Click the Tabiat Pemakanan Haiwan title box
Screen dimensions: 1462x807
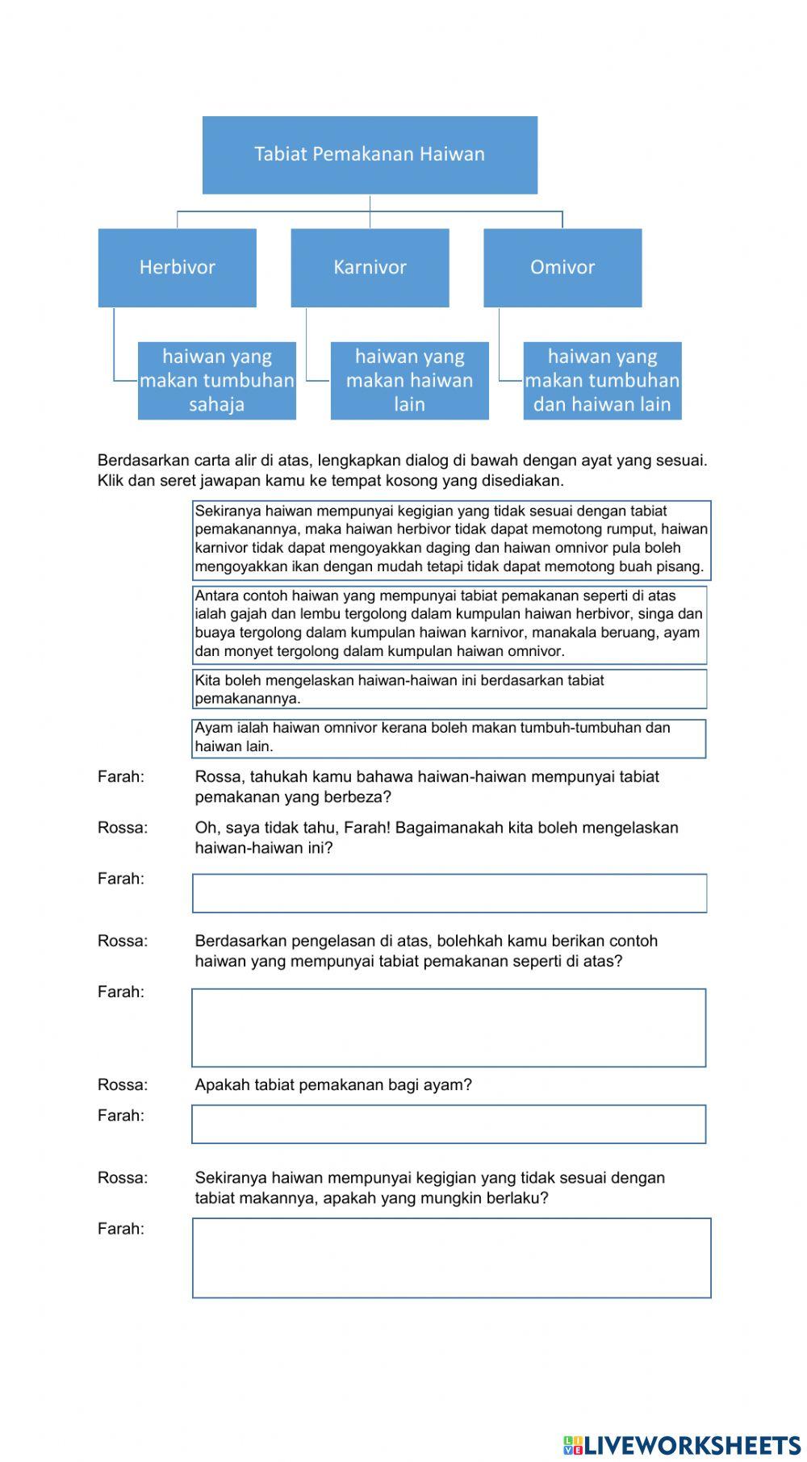pos(370,155)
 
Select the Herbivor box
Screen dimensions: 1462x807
pos(177,268)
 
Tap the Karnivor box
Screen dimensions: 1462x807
pos(370,268)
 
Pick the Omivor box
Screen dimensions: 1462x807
pos(562,268)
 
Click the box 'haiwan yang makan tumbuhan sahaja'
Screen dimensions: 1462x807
pos(216,381)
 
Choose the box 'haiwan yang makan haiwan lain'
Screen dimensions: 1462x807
pos(409,381)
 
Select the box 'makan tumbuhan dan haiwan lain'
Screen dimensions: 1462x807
pos(602,381)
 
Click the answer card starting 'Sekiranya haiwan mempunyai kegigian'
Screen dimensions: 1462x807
pos(451,540)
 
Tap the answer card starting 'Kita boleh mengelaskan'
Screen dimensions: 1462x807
pos(449,689)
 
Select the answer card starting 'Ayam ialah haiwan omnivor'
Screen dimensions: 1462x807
pos(449,738)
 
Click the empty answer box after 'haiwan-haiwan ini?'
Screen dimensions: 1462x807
pos(449,893)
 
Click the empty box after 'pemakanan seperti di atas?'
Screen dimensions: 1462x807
pos(449,1028)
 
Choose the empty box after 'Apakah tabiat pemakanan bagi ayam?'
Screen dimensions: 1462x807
pos(449,1124)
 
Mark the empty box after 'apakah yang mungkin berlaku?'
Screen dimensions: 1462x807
pos(451,1258)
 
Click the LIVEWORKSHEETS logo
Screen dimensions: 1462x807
pos(682,1444)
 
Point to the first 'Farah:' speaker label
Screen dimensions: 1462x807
pos(121,777)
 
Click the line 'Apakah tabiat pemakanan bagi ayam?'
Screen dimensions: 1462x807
pos(333,1085)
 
